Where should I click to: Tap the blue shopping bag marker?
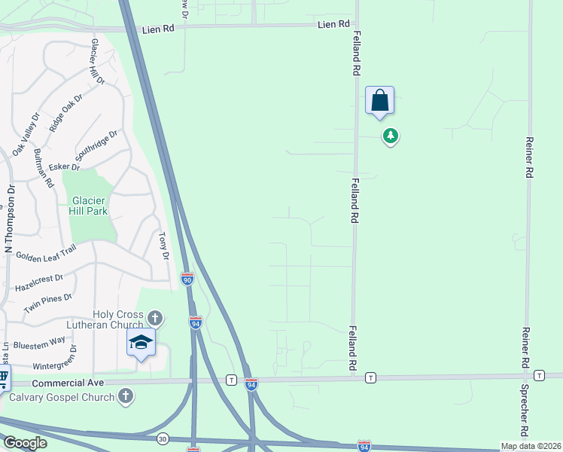click(380, 101)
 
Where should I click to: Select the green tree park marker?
click(390, 136)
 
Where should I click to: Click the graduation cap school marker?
click(141, 343)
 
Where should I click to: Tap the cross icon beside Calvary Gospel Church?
click(126, 395)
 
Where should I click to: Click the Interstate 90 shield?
click(187, 279)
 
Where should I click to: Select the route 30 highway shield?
click(163, 438)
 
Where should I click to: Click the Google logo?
click(24, 443)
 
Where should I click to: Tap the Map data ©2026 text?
click(531, 446)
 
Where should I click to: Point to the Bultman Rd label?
click(44, 167)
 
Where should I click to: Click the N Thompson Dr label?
click(9, 219)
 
